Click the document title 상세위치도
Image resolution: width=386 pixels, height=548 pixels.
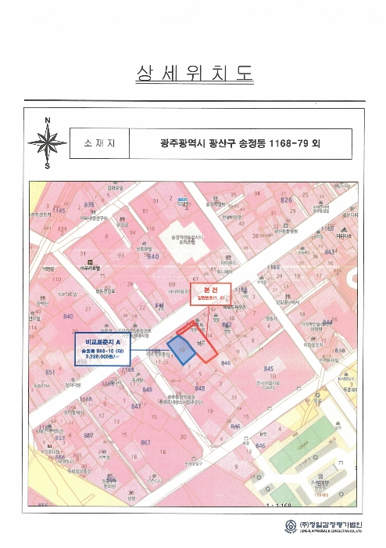[x=193, y=74]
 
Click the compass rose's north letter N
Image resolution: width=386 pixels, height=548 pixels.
[x=48, y=120]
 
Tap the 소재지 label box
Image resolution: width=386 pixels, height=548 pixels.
[x=98, y=144]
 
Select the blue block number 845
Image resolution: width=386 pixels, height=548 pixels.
[x=270, y=369]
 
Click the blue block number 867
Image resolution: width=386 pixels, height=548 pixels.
[x=145, y=442]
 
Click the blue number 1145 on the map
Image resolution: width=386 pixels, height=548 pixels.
[x=59, y=210]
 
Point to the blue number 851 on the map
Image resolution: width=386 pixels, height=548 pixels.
[x=50, y=373]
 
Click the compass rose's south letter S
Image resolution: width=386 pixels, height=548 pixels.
[x=48, y=165]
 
